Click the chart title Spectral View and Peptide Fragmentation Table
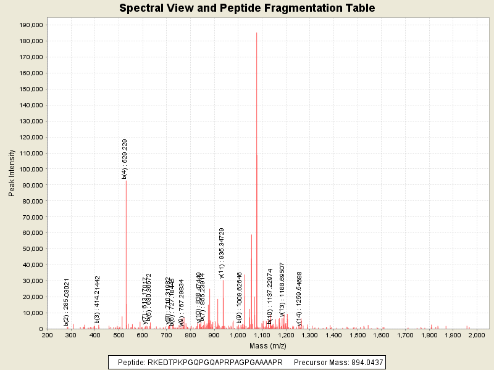[247, 8]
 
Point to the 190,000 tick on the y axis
[30, 25]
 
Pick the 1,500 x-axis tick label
[358, 335]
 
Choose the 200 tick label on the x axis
[47, 335]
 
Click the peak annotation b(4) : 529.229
[125, 158]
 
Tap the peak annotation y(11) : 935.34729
[222, 253]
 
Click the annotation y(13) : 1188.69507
[282, 289]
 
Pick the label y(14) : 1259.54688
[299, 299]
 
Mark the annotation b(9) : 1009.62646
[239, 298]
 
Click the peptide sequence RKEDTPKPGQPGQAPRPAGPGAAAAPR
[215, 363]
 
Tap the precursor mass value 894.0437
[364, 363]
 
